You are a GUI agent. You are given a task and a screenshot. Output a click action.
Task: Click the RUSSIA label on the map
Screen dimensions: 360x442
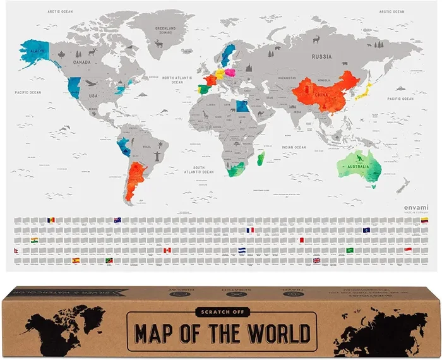(x=321, y=56)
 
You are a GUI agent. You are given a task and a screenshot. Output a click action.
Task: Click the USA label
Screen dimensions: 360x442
(x=93, y=95)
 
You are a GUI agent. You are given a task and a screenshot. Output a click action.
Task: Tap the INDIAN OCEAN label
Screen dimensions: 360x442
(x=294, y=147)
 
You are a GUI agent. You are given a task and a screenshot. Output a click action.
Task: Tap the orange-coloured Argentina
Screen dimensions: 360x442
(x=134, y=180)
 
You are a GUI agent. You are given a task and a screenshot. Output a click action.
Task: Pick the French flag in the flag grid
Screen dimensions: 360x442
(x=251, y=231)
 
